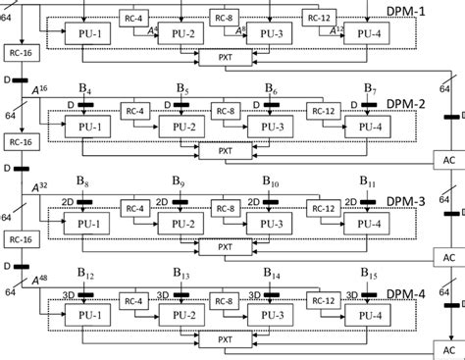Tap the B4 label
86,91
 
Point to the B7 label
368,91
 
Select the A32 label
41,184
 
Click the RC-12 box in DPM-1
319,17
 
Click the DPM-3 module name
404,201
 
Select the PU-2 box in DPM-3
181,223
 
